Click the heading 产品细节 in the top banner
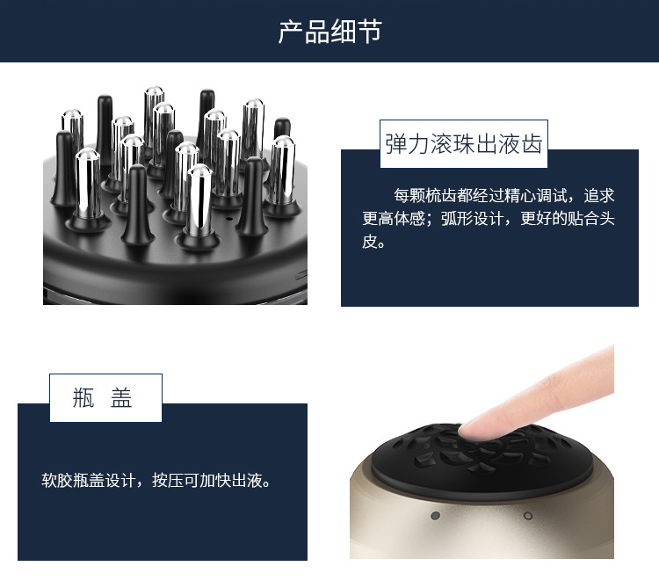click(x=329, y=33)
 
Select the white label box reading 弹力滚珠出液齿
click(x=464, y=144)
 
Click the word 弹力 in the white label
click(x=407, y=144)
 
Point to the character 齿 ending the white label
click(x=531, y=144)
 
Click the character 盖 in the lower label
click(x=122, y=398)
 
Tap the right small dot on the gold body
click(x=528, y=515)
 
